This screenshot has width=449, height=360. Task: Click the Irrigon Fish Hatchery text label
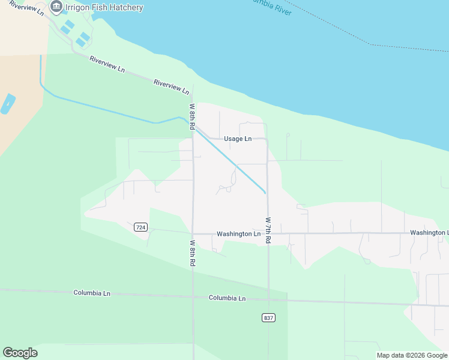pyautogui.click(x=104, y=8)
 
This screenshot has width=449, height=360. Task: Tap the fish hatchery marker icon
pyautogui.click(x=56, y=7)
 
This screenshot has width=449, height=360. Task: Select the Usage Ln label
pyautogui.click(x=237, y=139)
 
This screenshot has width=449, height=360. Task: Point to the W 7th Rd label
pyautogui.click(x=268, y=230)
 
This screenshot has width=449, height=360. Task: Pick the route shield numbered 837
pyautogui.click(x=268, y=317)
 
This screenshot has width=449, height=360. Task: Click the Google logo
pyautogui.click(x=20, y=353)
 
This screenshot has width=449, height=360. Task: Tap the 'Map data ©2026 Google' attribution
pyautogui.click(x=412, y=355)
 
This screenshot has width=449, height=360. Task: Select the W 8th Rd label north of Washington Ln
pyautogui.click(x=193, y=117)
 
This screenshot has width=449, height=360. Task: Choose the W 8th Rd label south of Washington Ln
pyautogui.click(x=193, y=253)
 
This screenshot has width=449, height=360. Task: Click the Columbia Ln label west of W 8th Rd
pyautogui.click(x=92, y=293)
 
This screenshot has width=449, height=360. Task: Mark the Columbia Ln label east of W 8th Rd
pyautogui.click(x=227, y=298)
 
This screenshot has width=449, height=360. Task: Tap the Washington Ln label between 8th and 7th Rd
pyautogui.click(x=238, y=234)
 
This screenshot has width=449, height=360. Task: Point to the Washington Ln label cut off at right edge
pyautogui.click(x=429, y=232)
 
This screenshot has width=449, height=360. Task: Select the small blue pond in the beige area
pyautogui.click(x=8, y=104)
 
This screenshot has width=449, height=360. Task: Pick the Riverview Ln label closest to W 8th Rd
pyautogui.click(x=171, y=86)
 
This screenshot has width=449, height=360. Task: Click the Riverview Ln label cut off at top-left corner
pyautogui.click(x=27, y=8)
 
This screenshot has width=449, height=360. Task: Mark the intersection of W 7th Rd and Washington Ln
pyautogui.click(x=268, y=233)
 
